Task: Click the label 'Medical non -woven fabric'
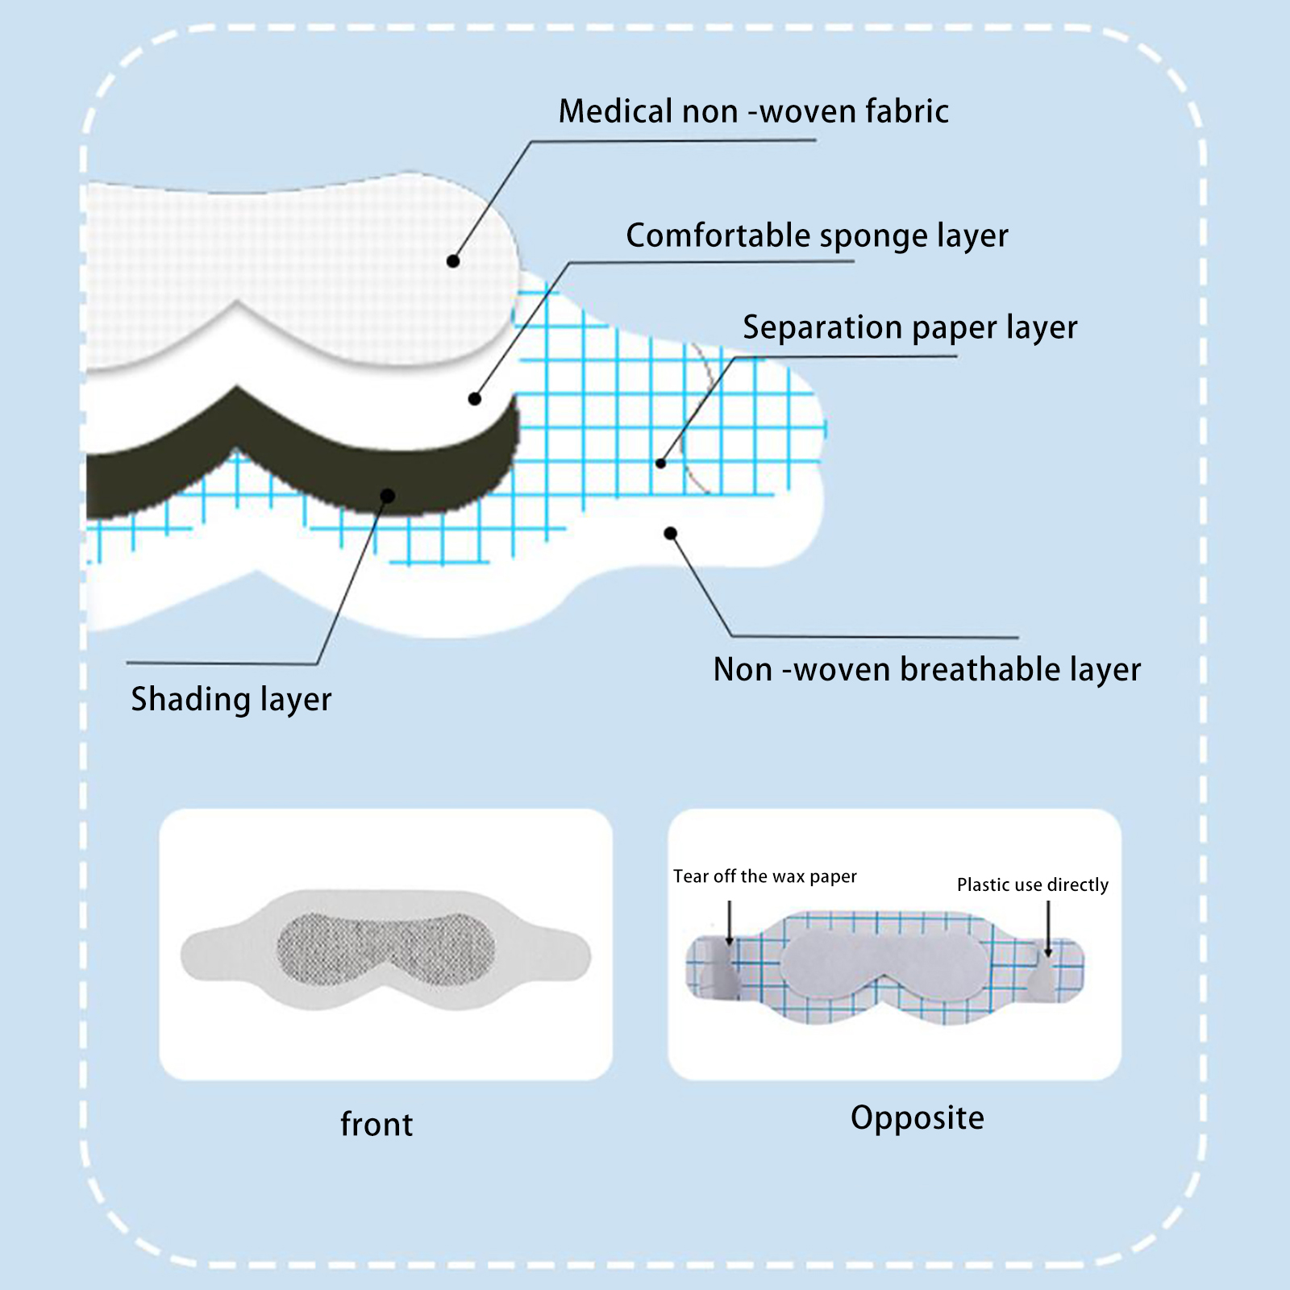pyautogui.click(x=753, y=111)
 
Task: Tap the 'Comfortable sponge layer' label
pyautogui.click(x=817, y=235)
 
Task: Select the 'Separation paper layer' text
pyautogui.click(x=909, y=327)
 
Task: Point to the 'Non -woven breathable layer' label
pyautogui.click(x=927, y=669)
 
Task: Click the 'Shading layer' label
pyautogui.click(x=231, y=699)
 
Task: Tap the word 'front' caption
pyautogui.click(x=377, y=1124)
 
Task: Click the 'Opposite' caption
pyautogui.click(x=918, y=1117)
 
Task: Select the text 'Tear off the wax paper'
pyautogui.click(x=765, y=876)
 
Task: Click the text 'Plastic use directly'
pyautogui.click(x=1032, y=884)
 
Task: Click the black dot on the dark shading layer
pyautogui.click(x=388, y=495)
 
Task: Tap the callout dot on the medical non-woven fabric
pyautogui.click(x=453, y=261)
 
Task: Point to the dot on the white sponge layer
pyautogui.click(x=475, y=398)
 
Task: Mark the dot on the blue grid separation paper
pyautogui.click(x=661, y=464)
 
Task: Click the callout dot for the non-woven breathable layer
pyautogui.click(x=671, y=533)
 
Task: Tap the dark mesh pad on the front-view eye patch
pyautogui.click(x=385, y=949)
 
